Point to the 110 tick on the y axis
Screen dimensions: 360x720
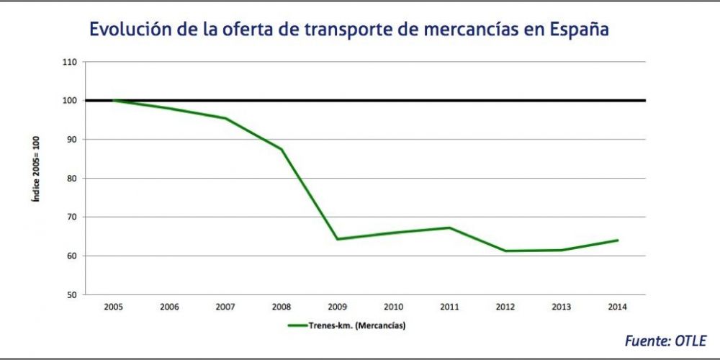(x=71, y=62)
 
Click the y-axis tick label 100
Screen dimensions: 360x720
(x=71, y=101)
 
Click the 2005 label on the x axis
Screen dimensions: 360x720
(x=113, y=307)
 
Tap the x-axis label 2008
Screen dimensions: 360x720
(x=281, y=307)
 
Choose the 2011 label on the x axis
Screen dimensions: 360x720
(x=449, y=307)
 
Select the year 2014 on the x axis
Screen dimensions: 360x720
(x=617, y=307)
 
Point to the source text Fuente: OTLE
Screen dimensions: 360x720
(x=665, y=340)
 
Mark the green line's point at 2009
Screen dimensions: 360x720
(x=337, y=239)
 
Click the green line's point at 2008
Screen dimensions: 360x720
(x=282, y=149)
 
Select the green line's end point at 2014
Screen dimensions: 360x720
(x=618, y=240)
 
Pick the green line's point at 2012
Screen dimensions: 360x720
(x=505, y=251)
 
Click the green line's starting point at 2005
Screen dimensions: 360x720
(x=113, y=100)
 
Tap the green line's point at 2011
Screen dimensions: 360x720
(x=449, y=228)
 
